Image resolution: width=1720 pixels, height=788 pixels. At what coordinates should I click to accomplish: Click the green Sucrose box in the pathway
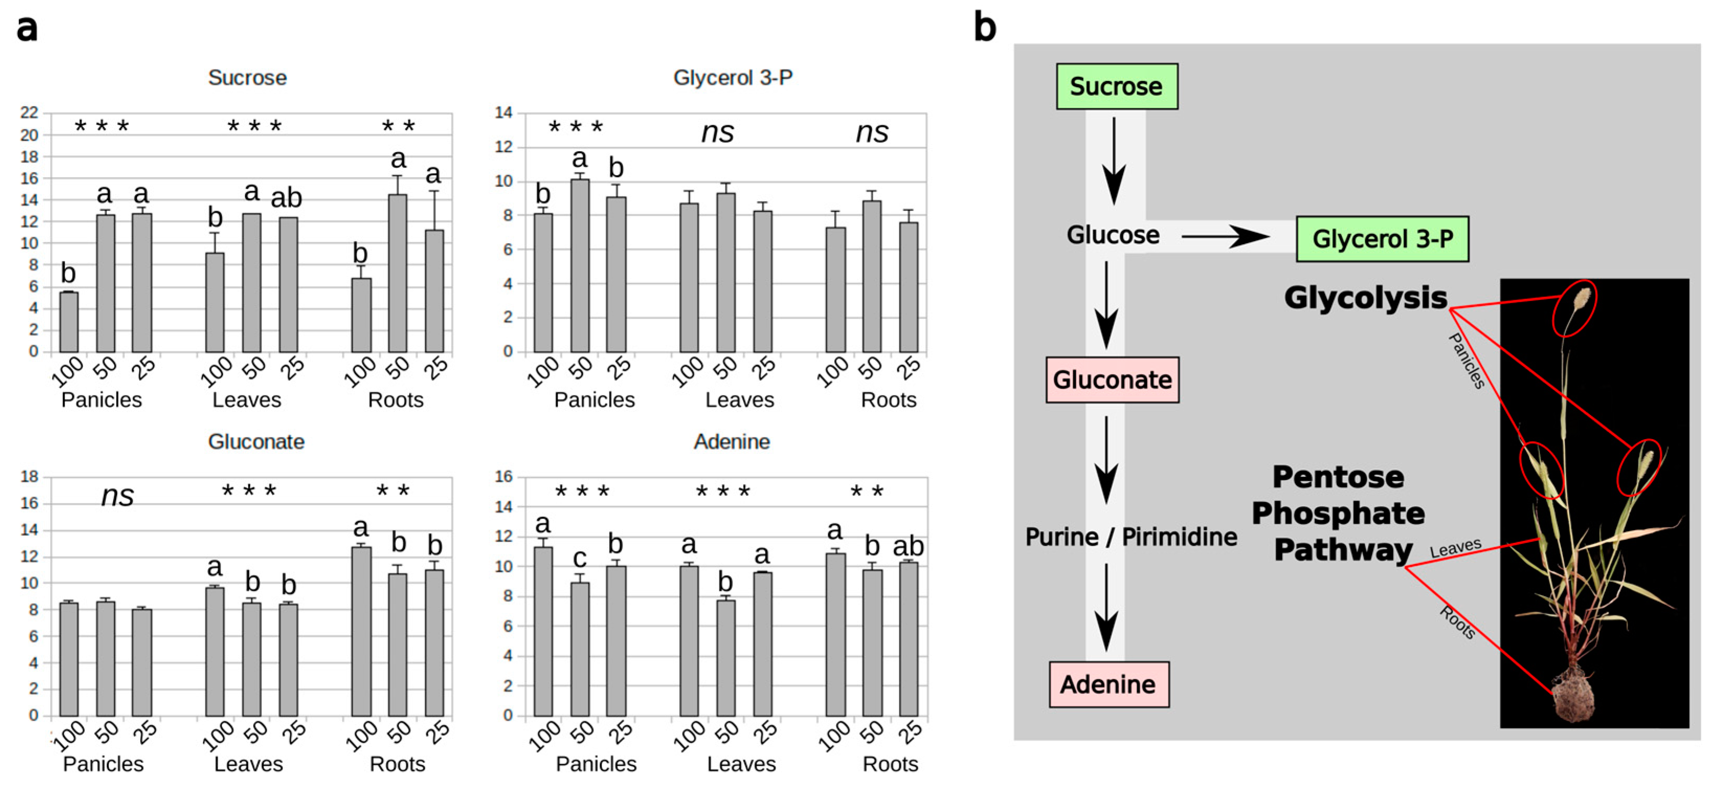point(1116,87)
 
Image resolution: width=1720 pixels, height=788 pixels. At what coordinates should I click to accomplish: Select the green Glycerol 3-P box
point(1381,239)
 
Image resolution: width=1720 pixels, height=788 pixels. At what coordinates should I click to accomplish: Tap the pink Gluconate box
point(1112,380)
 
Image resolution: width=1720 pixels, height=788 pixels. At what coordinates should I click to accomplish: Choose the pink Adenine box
point(1108,684)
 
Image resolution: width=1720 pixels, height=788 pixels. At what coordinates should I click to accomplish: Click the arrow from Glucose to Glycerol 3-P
point(1224,236)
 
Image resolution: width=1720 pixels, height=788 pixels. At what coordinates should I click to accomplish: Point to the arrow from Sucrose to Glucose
point(1113,160)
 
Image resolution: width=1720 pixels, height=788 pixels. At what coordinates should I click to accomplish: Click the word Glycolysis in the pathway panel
point(1365,298)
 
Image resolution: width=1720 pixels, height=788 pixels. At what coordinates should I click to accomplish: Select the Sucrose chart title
point(247,77)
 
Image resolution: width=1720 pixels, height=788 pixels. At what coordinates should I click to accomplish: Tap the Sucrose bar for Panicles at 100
point(69,322)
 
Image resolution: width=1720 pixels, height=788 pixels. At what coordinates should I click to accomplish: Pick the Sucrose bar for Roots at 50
point(397,273)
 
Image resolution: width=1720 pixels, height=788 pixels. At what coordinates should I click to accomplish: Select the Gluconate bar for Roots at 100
point(361,631)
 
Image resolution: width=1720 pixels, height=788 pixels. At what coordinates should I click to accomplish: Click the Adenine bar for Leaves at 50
point(726,658)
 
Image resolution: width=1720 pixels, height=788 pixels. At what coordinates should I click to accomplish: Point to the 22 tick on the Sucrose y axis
point(29,113)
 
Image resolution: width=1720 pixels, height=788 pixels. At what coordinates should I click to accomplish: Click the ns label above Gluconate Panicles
point(118,496)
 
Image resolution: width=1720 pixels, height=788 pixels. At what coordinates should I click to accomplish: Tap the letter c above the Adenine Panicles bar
point(580,558)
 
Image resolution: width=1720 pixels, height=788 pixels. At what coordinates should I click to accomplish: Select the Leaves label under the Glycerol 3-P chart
point(739,399)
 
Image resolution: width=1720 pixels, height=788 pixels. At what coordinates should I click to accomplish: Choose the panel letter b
point(985,28)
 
